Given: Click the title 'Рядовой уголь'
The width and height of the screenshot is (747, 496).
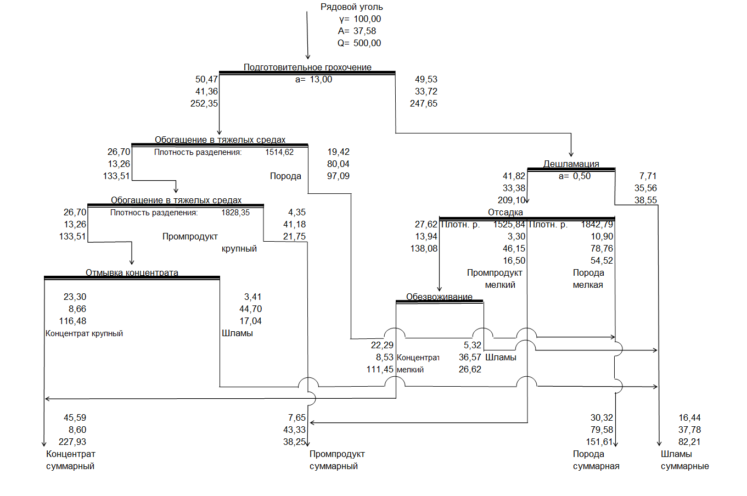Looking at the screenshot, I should click(352, 7).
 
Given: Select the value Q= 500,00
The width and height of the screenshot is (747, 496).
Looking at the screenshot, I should click(360, 43).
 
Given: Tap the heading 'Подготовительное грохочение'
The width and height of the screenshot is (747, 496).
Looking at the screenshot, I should click(307, 67).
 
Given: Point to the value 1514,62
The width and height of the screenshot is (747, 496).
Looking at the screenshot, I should click(279, 152).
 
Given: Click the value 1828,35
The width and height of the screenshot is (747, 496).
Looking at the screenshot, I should click(235, 213).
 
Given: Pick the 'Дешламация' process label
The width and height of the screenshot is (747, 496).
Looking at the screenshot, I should click(571, 164).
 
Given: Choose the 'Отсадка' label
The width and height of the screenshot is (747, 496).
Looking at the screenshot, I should click(506, 213).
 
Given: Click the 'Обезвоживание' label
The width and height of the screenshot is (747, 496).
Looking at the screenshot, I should click(439, 297).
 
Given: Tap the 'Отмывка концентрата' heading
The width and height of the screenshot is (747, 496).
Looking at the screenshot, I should click(132, 272).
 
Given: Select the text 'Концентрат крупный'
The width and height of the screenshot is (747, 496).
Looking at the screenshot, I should click(84, 333).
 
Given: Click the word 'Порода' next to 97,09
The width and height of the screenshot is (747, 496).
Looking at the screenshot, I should click(285, 176).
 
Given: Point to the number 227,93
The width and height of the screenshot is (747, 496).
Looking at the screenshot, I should click(72, 442).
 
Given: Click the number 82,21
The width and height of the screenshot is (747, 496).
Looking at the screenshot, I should click(689, 442).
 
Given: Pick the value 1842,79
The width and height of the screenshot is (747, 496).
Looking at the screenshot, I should click(597, 225).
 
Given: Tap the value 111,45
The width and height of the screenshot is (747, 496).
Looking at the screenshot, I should click(380, 370).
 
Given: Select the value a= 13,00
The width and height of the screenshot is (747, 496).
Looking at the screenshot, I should click(313, 80).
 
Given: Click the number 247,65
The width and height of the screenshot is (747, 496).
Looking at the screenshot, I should click(424, 104).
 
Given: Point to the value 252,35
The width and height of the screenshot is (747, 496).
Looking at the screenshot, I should click(204, 104).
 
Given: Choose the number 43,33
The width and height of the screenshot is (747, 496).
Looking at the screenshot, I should click(295, 430).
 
